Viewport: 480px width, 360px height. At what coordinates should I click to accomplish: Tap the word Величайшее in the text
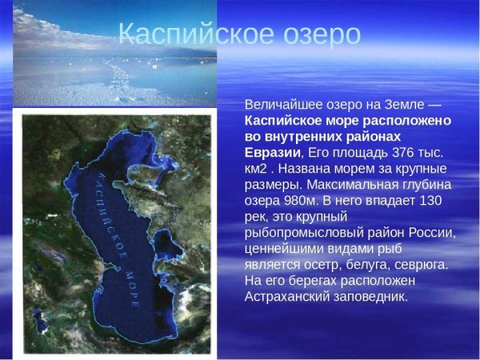pos(284,105)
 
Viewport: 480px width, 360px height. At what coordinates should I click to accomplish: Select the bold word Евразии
pos(273,153)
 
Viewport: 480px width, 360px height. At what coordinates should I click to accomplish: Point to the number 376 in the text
pos(404,153)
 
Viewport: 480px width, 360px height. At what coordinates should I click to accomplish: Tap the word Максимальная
pos(362,185)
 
